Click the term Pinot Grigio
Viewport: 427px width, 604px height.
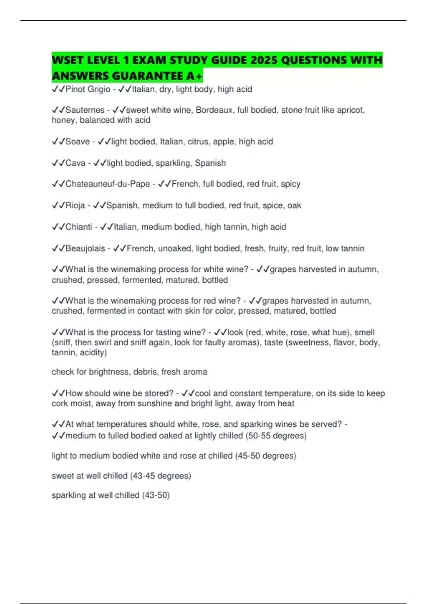click(88, 89)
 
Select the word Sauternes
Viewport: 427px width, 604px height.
click(85, 110)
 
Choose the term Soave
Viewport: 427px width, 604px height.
click(78, 142)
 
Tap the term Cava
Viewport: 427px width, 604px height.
click(75, 163)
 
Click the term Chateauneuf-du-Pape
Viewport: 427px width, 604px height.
click(107, 184)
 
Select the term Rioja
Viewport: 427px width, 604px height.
click(75, 205)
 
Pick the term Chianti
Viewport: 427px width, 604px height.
click(79, 227)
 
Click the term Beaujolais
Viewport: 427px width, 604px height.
click(85, 248)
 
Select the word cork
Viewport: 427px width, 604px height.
click(59, 404)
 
